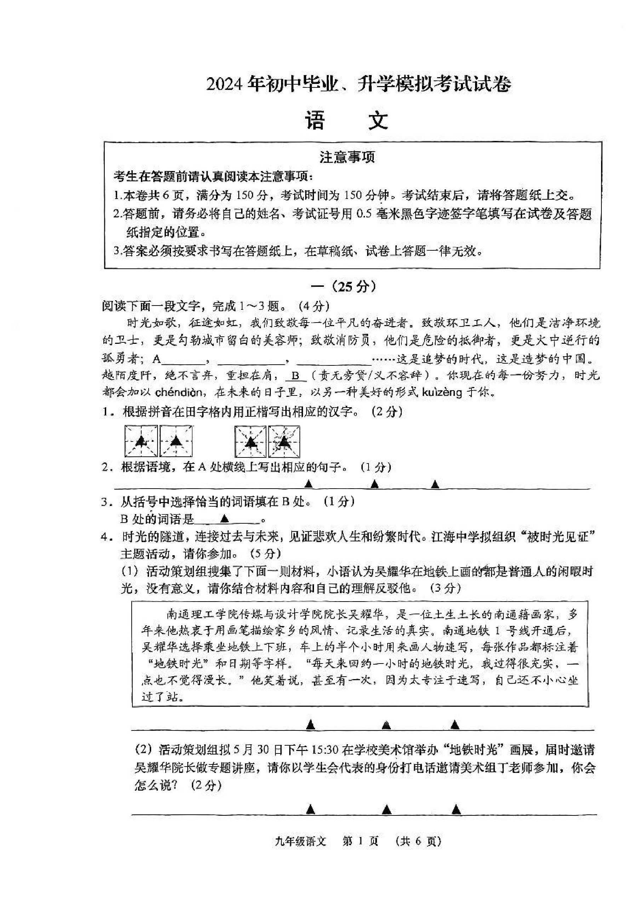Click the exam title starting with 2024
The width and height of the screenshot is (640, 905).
[358, 84]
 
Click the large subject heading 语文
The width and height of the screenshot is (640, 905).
[347, 121]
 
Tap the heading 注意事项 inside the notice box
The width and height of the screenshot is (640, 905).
[347, 158]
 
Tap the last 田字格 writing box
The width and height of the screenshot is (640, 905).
[284, 441]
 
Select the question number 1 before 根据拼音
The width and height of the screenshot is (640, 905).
[105, 412]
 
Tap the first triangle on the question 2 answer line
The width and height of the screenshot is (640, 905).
[309, 484]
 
